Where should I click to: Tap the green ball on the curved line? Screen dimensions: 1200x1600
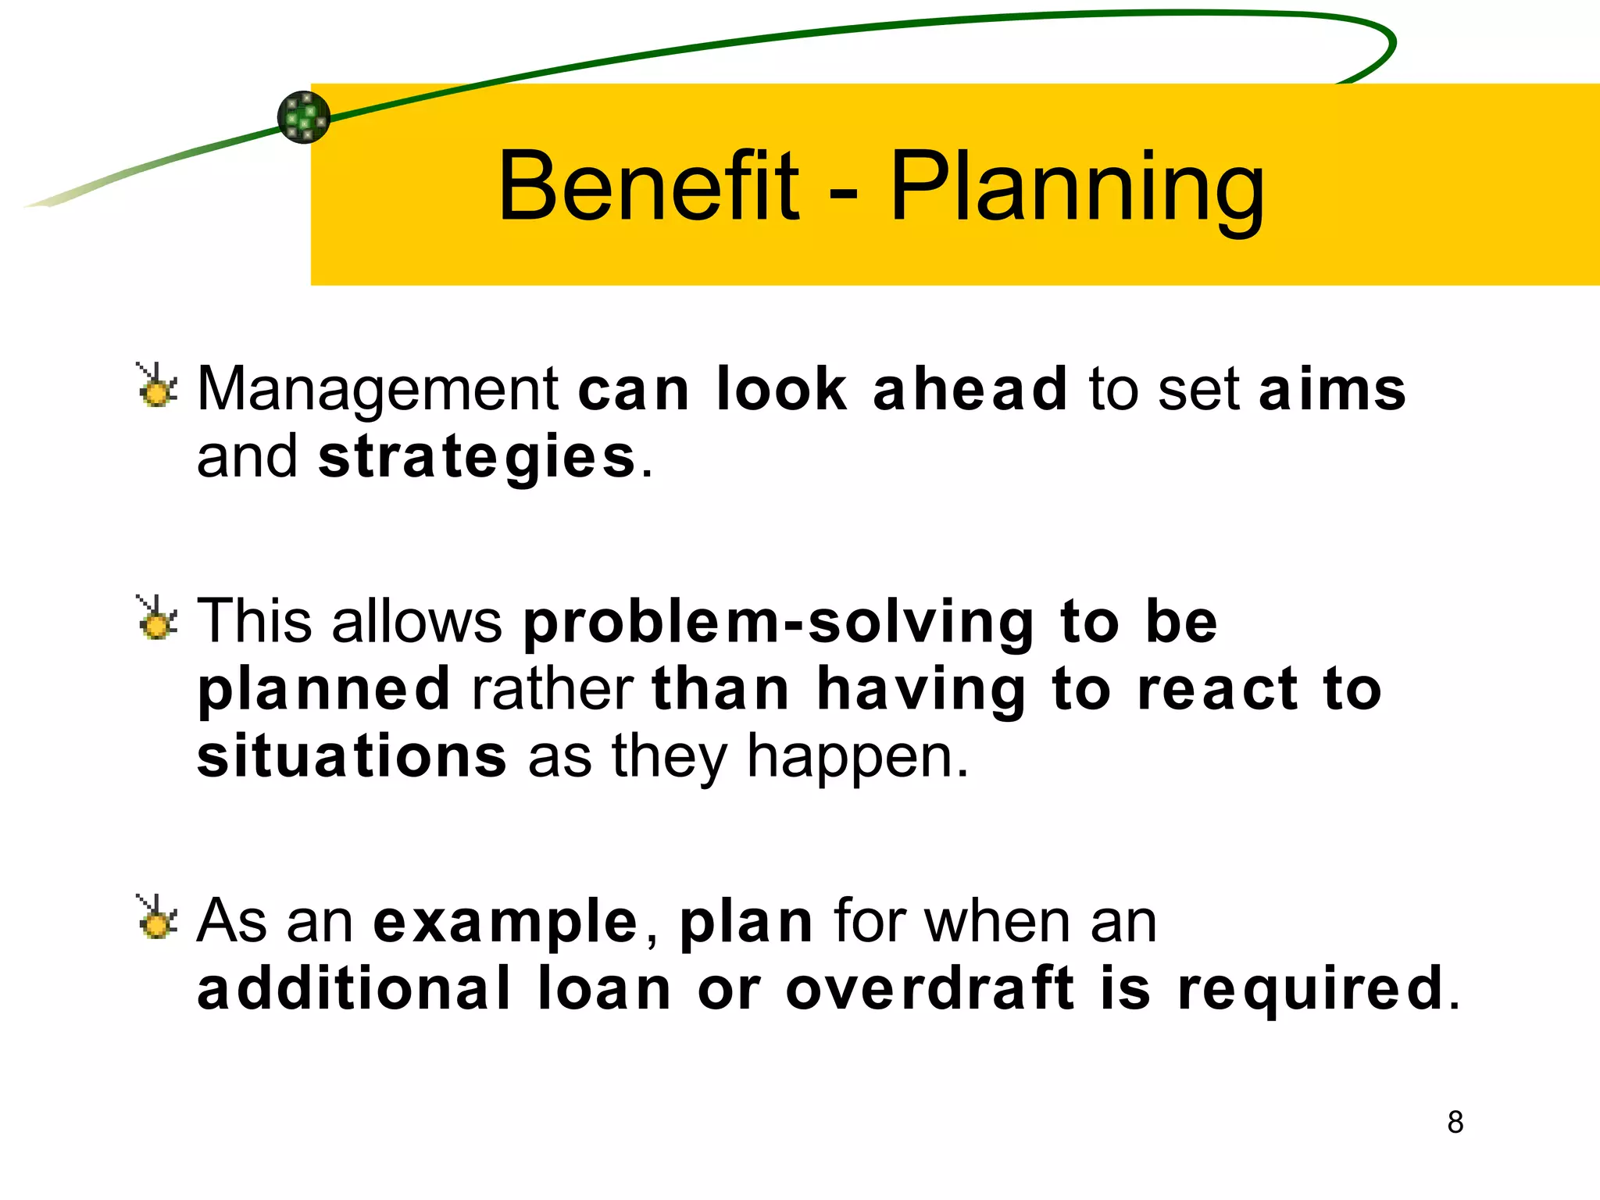click(304, 117)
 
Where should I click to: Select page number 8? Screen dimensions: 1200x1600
click(1455, 1122)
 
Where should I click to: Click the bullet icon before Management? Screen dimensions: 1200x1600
click(157, 386)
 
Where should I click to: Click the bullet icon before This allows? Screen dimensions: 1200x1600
click(157, 619)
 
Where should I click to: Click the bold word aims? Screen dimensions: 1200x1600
click(1332, 389)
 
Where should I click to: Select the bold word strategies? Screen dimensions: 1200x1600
click(477, 458)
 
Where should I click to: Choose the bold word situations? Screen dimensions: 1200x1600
click(352, 756)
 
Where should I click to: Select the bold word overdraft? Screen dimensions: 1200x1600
click(930, 989)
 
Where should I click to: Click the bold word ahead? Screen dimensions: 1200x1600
click(970, 389)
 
